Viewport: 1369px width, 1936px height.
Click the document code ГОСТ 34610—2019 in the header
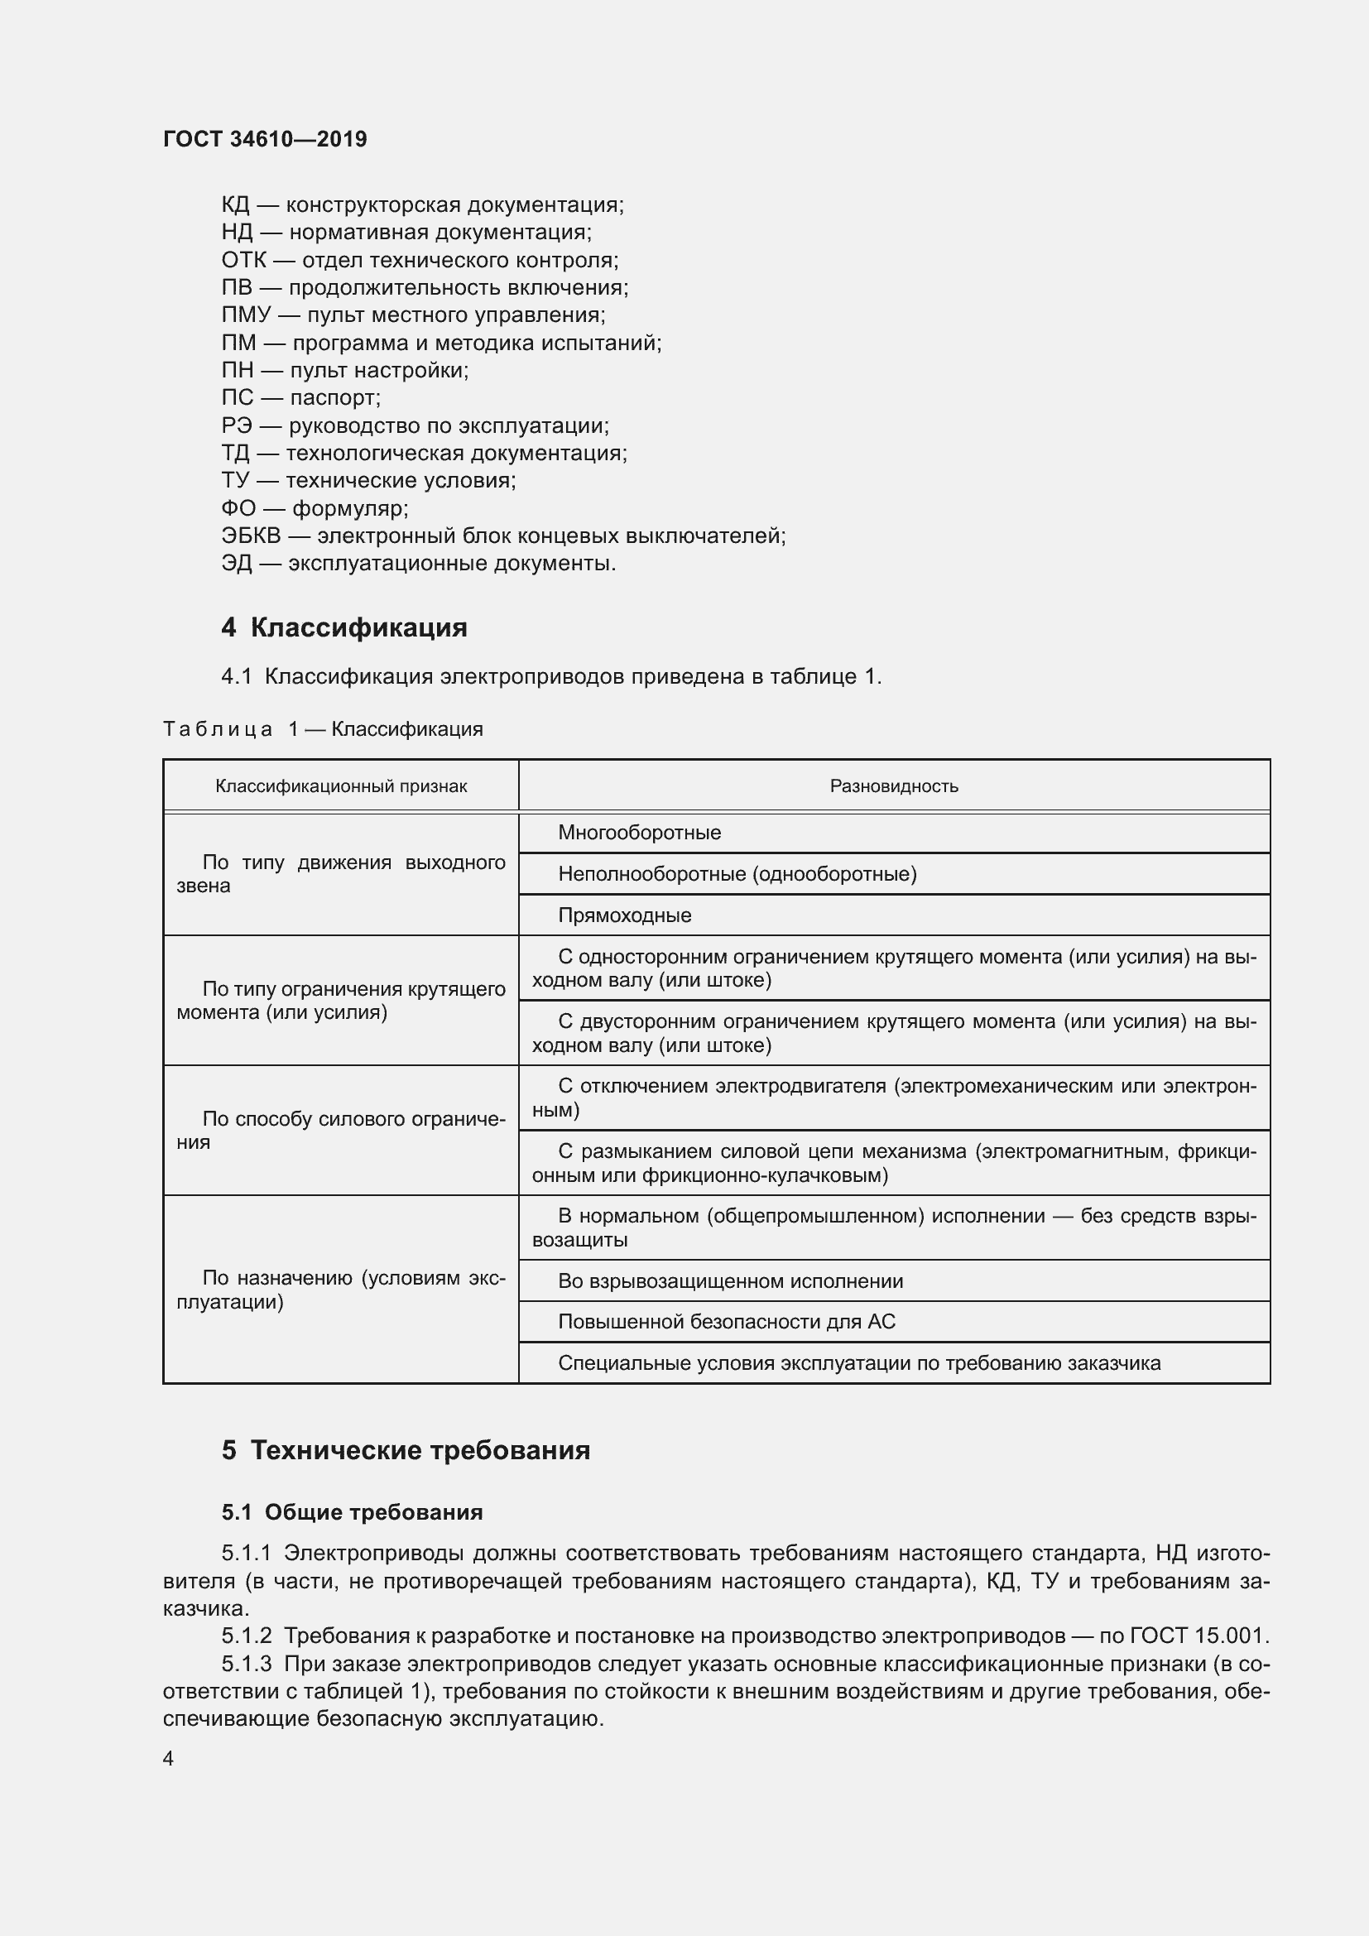(265, 139)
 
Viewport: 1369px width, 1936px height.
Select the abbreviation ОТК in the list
(243, 260)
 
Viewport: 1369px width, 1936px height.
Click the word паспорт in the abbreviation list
(334, 397)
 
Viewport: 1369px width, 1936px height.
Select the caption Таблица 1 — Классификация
(323, 729)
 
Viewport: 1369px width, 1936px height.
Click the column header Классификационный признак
(340, 785)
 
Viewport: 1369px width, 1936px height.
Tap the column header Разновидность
(894, 785)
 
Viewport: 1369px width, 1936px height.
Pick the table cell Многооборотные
(639, 833)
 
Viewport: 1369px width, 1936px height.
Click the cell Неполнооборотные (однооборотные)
(737, 873)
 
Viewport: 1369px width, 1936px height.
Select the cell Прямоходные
(624, 915)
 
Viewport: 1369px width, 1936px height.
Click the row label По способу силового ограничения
(340, 1130)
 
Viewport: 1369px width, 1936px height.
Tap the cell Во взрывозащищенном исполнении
(730, 1280)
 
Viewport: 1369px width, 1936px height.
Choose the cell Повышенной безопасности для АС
(726, 1321)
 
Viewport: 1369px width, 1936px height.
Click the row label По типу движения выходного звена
(340, 873)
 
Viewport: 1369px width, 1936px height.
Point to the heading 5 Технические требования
(406, 1450)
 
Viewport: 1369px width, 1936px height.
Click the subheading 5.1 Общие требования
(353, 1512)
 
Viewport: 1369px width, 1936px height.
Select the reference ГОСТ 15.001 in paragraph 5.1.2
(1198, 1636)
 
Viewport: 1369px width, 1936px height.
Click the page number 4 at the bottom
(169, 1758)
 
